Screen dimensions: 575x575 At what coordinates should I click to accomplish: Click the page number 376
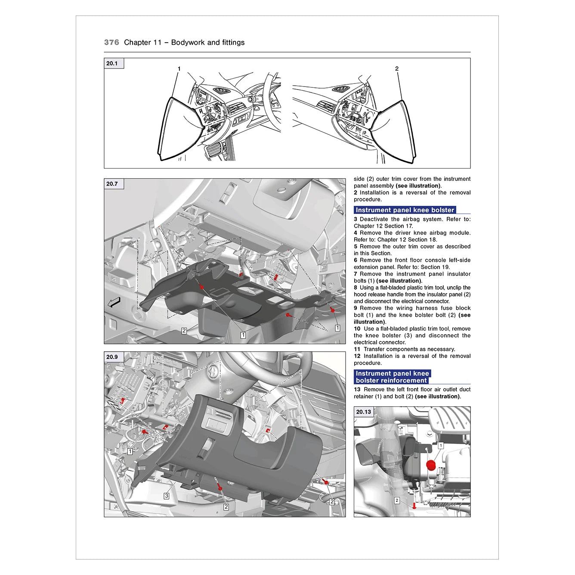pyautogui.click(x=111, y=42)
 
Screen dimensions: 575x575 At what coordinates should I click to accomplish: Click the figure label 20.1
pyautogui.click(x=112, y=63)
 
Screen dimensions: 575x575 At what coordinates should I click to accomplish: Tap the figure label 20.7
pyautogui.click(x=112, y=184)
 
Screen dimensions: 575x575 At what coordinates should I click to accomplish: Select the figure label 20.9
pyautogui.click(x=112, y=357)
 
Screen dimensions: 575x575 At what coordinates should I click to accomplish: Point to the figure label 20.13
pyautogui.click(x=363, y=412)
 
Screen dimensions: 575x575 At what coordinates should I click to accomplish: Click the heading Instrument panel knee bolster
pyautogui.click(x=405, y=210)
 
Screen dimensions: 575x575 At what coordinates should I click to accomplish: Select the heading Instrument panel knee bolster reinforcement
pyautogui.click(x=392, y=377)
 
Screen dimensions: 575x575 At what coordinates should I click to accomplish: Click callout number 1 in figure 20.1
pyautogui.click(x=179, y=69)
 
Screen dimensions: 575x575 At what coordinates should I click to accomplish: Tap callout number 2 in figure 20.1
pyautogui.click(x=397, y=69)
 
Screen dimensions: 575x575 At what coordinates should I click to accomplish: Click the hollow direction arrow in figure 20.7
pyautogui.click(x=114, y=303)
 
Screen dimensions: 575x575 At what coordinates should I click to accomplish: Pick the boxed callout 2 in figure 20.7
pyautogui.click(x=184, y=331)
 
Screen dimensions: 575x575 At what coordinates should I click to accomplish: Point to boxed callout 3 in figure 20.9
pyautogui.click(x=167, y=496)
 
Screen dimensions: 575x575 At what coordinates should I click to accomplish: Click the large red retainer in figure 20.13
pyautogui.click(x=430, y=465)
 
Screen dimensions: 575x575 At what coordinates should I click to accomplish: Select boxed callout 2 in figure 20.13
pyautogui.click(x=397, y=500)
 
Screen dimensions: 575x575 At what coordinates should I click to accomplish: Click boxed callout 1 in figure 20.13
pyautogui.click(x=441, y=446)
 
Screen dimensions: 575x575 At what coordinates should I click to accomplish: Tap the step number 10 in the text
pyautogui.click(x=357, y=329)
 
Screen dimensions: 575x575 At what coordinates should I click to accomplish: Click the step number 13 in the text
pyautogui.click(x=357, y=390)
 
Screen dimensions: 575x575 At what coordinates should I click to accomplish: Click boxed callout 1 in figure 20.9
pyautogui.click(x=130, y=451)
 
